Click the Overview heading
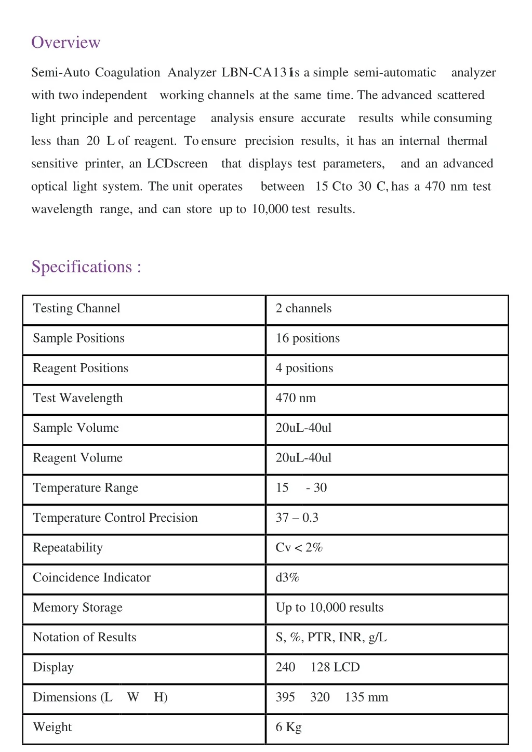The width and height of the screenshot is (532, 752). click(66, 42)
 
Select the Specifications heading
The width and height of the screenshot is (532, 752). click(86, 267)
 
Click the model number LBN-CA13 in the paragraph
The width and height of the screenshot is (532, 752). click(254, 72)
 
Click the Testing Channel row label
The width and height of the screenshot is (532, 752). click(76, 308)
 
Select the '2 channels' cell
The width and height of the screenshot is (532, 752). click(303, 308)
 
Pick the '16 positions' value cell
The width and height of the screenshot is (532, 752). click(308, 338)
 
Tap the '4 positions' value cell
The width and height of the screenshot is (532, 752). click(304, 368)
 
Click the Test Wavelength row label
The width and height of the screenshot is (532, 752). click(78, 398)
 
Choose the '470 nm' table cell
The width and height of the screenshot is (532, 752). click(296, 398)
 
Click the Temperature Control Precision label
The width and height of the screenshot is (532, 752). click(115, 518)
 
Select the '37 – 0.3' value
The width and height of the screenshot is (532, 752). click(297, 518)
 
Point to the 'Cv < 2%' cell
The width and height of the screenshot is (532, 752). click(299, 548)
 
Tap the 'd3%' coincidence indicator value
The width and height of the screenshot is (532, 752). click(287, 577)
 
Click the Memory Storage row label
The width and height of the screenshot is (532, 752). click(77, 608)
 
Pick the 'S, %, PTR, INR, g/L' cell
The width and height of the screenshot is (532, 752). click(331, 637)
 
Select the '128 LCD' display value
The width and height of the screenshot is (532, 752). click(335, 667)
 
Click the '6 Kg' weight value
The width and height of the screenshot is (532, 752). click(288, 727)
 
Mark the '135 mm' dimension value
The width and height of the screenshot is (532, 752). click(366, 697)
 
